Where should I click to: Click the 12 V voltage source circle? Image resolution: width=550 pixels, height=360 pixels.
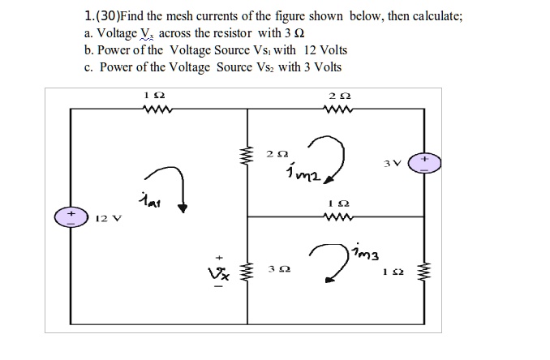(71, 216)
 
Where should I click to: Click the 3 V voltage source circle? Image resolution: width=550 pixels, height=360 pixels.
(424, 163)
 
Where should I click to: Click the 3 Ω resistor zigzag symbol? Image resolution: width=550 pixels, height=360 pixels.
(246, 273)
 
